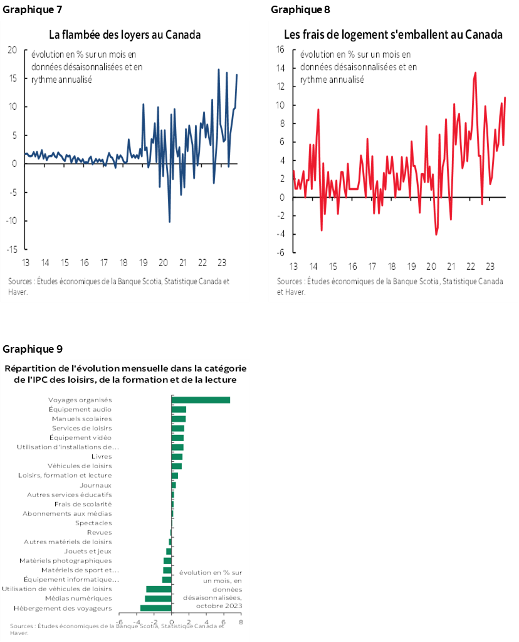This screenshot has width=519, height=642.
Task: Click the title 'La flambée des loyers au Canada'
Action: [125, 35]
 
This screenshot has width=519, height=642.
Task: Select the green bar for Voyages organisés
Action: [201, 400]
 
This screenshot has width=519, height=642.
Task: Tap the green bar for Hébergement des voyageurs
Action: [155, 607]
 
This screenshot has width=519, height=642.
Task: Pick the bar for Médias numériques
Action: [158, 598]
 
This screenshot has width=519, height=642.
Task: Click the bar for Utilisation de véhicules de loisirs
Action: [159, 589]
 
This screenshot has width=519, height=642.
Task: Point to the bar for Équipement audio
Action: [179, 409]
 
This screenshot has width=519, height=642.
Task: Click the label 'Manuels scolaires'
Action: [81, 419]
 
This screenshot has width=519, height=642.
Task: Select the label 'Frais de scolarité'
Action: [83, 504]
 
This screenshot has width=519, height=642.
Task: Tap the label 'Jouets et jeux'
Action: [88, 551]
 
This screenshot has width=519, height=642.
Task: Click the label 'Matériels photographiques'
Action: [65, 560]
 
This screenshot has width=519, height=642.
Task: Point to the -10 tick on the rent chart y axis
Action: [12, 221]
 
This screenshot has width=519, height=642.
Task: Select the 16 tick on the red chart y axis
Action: [280, 50]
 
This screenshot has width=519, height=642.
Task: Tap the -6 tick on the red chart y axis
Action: [281, 253]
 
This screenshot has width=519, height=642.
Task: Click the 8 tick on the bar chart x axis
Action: [241, 622]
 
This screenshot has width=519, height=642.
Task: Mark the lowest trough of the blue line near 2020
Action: [169, 222]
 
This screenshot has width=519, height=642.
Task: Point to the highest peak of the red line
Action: [475, 73]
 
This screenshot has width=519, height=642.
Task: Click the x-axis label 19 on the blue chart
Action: [142, 262]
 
